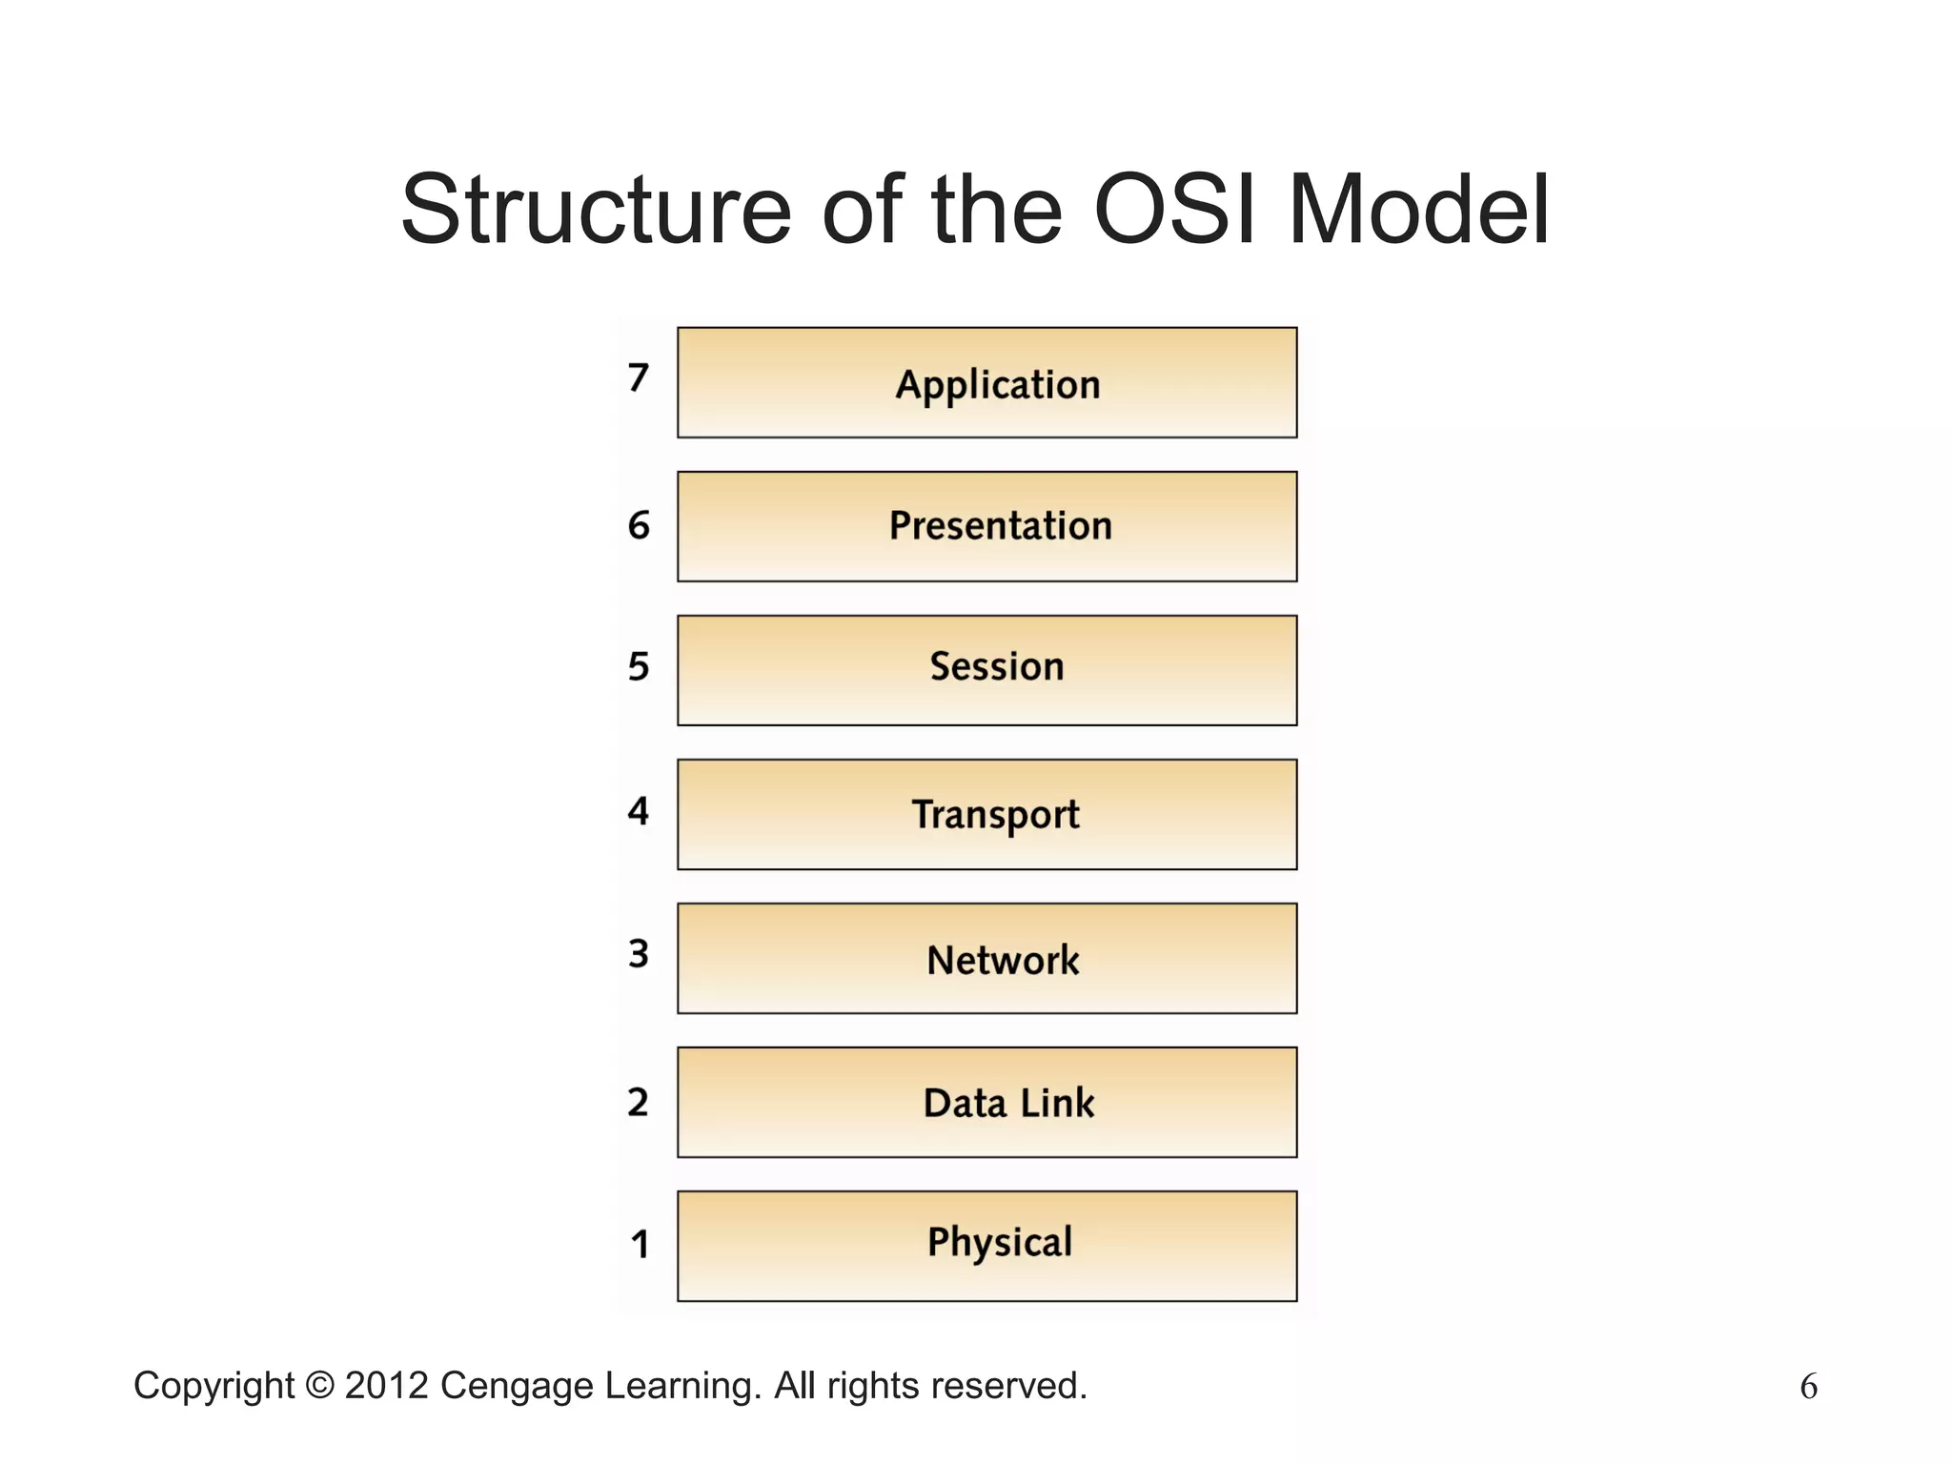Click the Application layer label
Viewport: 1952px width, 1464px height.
pyautogui.click(x=998, y=385)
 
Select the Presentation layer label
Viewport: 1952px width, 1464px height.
pyautogui.click(x=1000, y=526)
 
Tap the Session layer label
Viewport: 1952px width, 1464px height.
pyautogui.click(x=997, y=667)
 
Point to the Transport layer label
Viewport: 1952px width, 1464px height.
pyautogui.click(x=996, y=815)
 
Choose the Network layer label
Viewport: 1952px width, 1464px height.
pyautogui.click(x=1003, y=960)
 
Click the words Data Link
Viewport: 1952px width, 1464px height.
pyautogui.click(x=1008, y=1104)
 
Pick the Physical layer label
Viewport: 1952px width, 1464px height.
pyautogui.click(x=1000, y=1243)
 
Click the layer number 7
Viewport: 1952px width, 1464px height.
pyautogui.click(x=638, y=378)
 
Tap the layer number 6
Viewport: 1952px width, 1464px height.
pyautogui.click(x=638, y=526)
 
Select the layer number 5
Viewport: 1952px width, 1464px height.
pyautogui.click(x=638, y=667)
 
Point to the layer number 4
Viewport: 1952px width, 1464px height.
pyautogui.click(x=638, y=811)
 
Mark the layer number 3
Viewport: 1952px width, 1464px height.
pyautogui.click(x=638, y=954)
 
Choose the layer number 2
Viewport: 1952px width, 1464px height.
pyautogui.click(x=638, y=1103)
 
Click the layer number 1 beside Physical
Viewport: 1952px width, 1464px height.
pyautogui.click(x=640, y=1245)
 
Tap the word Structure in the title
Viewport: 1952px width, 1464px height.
pyautogui.click(x=596, y=210)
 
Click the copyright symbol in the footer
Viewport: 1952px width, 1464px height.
pyautogui.click(x=319, y=1386)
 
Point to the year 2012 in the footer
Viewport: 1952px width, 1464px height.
pyautogui.click(x=387, y=1386)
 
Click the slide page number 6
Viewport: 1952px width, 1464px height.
pyautogui.click(x=1808, y=1387)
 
